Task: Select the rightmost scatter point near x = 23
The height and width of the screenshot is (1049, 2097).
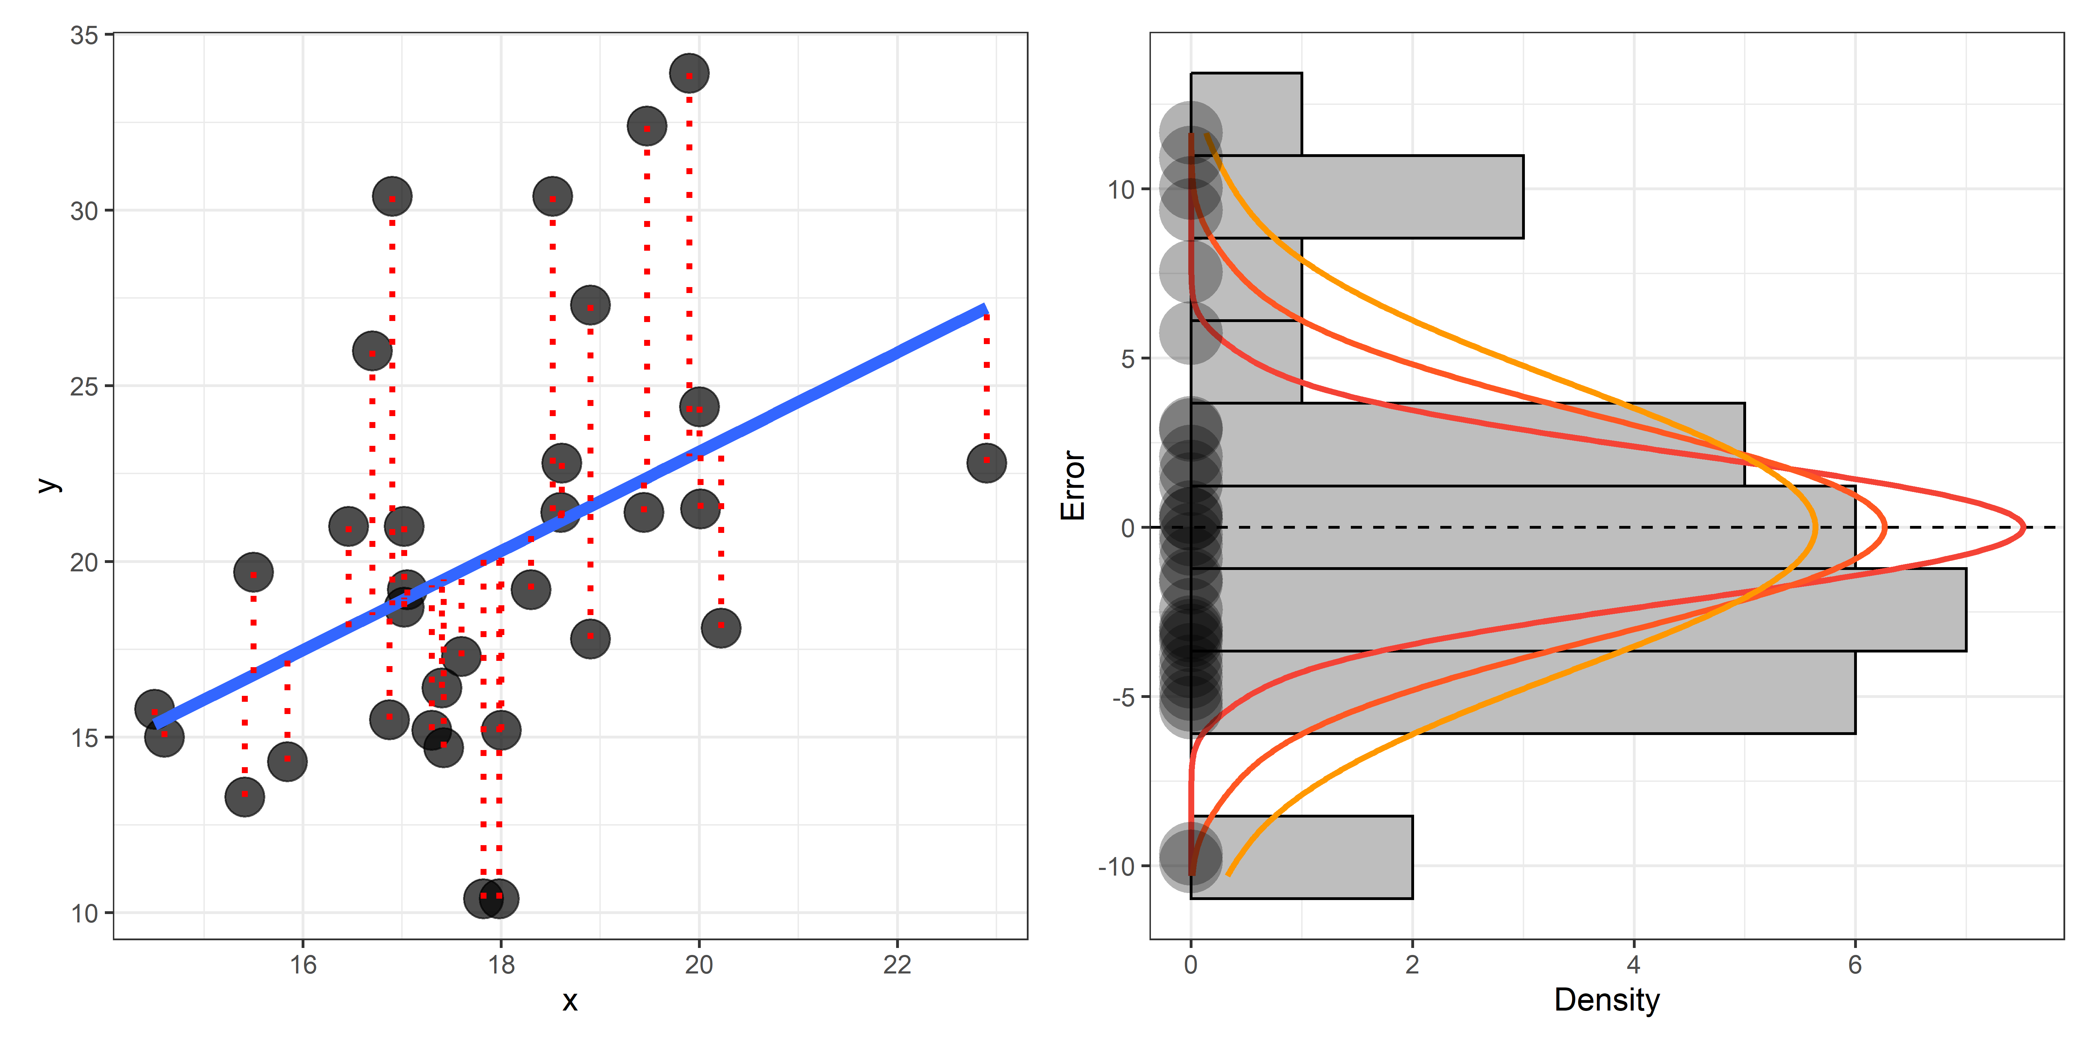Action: coord(986,463)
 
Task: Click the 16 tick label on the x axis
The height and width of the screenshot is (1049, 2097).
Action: coord(303,965)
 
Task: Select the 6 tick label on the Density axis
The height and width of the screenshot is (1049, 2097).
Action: coord(1854,965)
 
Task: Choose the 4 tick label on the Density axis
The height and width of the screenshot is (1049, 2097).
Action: coord(1633,965)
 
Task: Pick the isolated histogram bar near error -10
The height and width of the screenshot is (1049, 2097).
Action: coord(1301,857)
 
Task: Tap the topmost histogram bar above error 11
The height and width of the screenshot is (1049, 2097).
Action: coord(1246,114)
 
